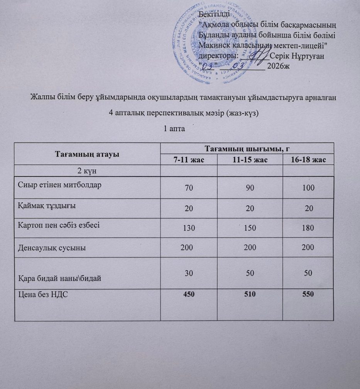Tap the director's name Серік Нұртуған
pyautogui.click(x=297, y=56)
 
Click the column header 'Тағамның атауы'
pyautogui.click(x=87, y=154)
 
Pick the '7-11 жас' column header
pyautogui.click(x=189, y=160)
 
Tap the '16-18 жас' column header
pyautogui.click(x=308, y=160)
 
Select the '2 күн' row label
pyautogui.click(x=87, y=170)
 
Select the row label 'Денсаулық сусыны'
pyautogui.click(x=52, y=247)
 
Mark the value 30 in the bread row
pyautogui.click(x=189, y=272)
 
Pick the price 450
pyautogui.click(x=189, y=295)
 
